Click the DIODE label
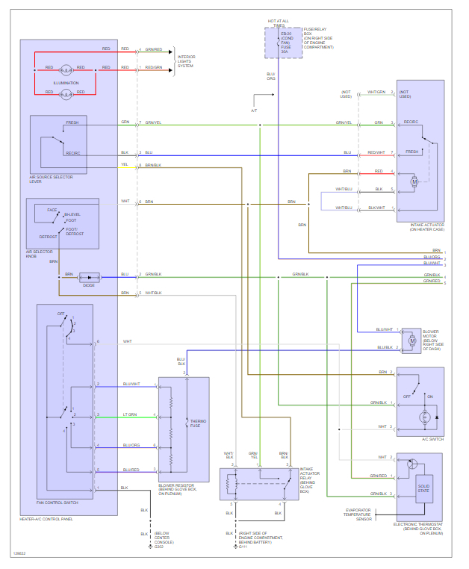point(89,284)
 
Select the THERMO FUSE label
point(199,423)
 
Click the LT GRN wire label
point(129,414)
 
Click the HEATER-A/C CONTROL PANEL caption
point(46,519)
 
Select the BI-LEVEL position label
point(72,215)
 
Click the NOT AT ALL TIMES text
point(279,22)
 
